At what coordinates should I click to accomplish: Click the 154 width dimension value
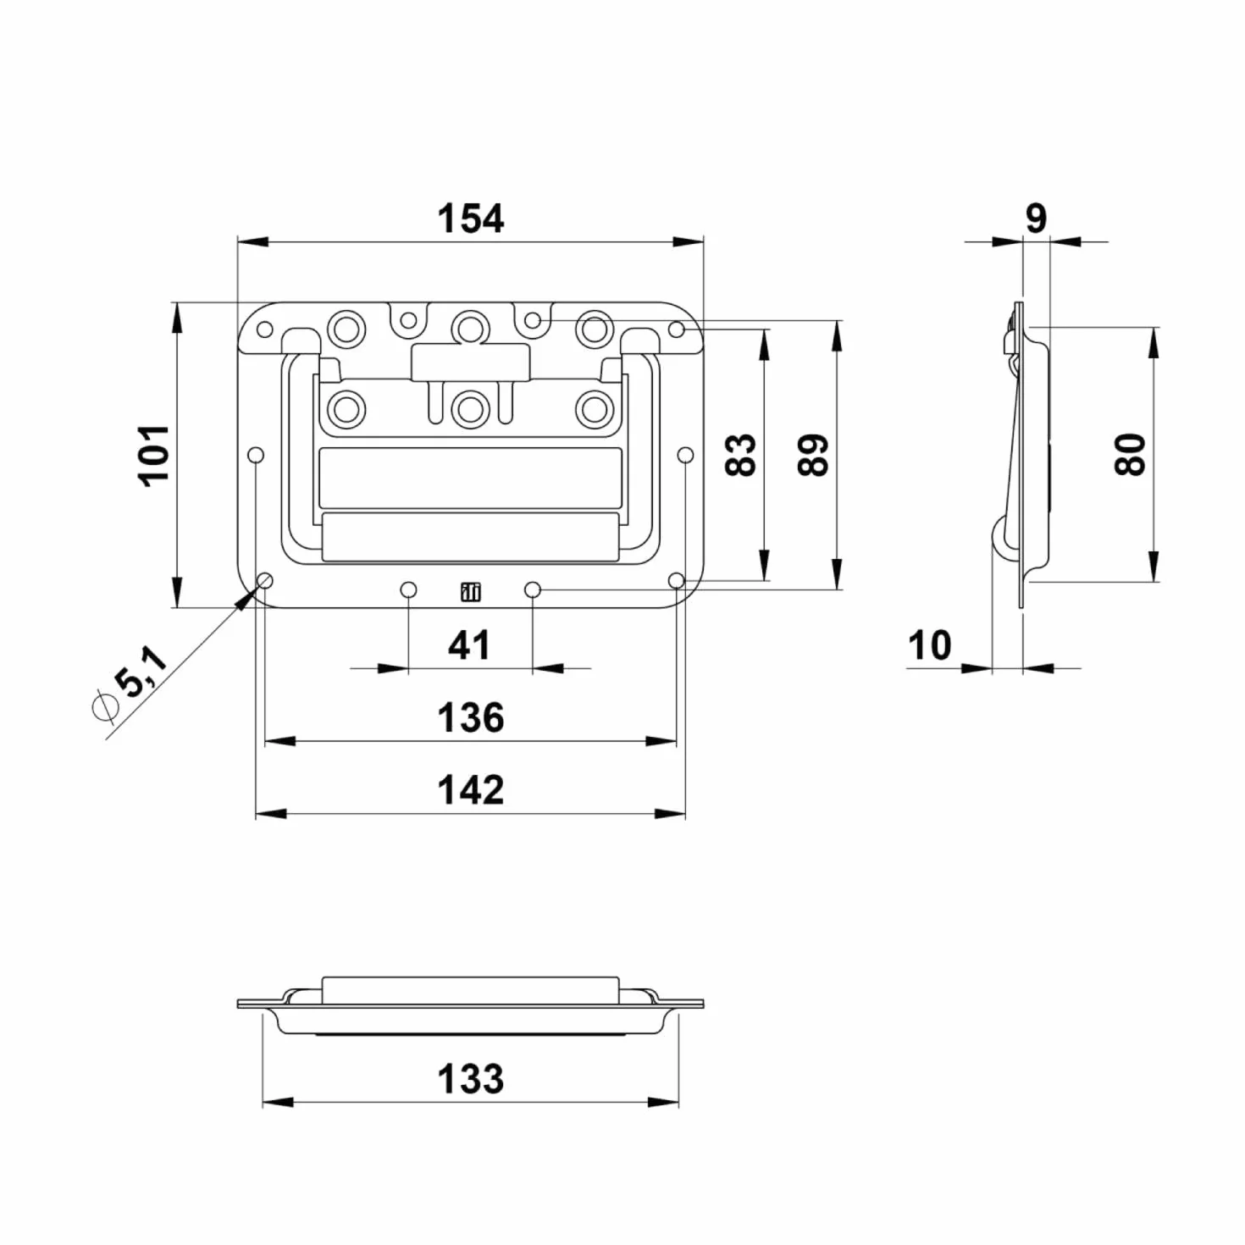(470, 219)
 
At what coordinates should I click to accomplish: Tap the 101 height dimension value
(156, 456)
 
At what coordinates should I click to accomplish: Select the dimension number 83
(740, 455)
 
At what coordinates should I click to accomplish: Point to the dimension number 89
(813, 455)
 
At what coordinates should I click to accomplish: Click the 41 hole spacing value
(470, 645)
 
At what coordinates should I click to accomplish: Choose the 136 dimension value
(470, 718)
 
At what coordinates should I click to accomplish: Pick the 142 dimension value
(470, 790)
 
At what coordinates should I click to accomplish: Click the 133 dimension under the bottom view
(470, 1079)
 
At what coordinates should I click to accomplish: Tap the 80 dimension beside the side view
(1130, 455)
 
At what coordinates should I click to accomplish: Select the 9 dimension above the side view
(1037, 219)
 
